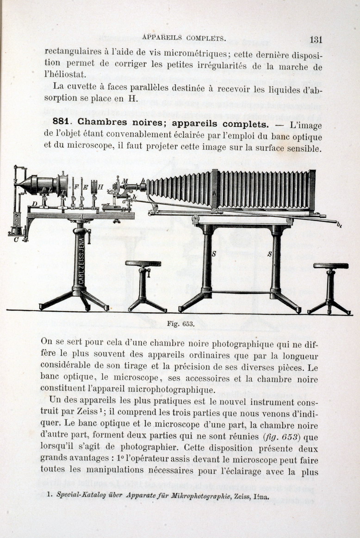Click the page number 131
click(x=316, y=39)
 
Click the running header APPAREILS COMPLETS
click(x=184, y=38)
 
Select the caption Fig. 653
click(x=180, y=324)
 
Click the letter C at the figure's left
click(x=16, y=239)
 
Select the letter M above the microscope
click(x=125, y=180)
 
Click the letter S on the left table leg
click(x=213, y=254)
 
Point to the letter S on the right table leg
click(x=269, y=254)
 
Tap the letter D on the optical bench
click(x=34, y=204)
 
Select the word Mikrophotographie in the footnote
click(x=197, y=495)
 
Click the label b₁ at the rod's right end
click(x=339, y=225)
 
